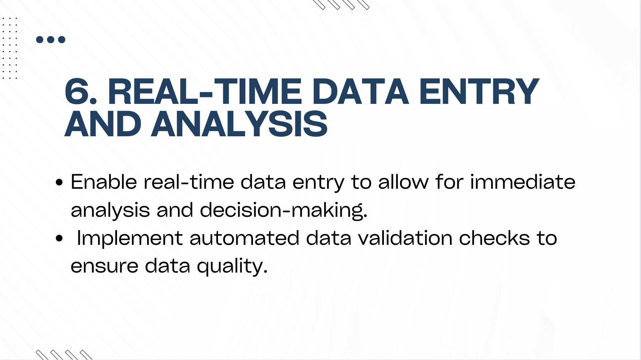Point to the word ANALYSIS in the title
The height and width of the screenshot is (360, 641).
(x=240, y=124)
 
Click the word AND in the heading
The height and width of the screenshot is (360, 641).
(x=103, y=124)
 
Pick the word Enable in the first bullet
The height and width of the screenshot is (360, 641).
(x=104, y=182)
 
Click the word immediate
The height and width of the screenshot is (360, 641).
(x=523, y=182)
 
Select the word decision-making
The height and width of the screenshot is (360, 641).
(x=284, y=210)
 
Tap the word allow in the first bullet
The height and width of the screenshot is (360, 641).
(x=403, y=182)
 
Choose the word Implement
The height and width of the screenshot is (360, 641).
(x=130, y=238)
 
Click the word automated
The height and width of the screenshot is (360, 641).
(x=244, y=238)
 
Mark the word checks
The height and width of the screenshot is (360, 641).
(x=494, y=238)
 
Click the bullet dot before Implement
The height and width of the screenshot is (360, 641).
(x=59, y=239)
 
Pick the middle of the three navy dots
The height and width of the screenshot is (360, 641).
(x=51, y=39)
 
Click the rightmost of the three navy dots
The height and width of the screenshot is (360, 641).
(x=62, y=39)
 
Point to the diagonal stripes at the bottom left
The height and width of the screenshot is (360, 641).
(x=64, y=355)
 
